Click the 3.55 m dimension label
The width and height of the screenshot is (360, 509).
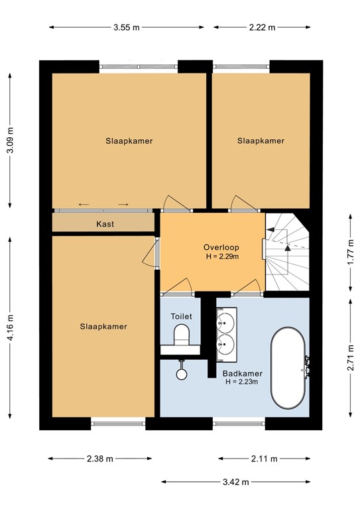coord(126,28)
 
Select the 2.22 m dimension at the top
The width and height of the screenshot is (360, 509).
coord(261,28)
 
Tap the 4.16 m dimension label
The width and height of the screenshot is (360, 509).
coord(9,328)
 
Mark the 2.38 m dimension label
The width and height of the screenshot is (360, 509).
coord(100,459)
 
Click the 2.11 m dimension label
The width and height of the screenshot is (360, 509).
coord(264,459)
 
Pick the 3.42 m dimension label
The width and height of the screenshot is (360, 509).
coord(235,482)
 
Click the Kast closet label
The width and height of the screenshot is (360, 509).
coord(105,224)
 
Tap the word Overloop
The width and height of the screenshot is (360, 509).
coord(221,247)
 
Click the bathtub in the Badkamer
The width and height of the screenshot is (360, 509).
coord(288,368)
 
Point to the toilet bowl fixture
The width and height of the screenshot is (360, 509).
coord(181,338)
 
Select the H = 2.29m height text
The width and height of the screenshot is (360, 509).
coord(221,256)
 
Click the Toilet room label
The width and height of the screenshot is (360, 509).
coord(181,317)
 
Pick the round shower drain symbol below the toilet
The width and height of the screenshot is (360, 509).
coord(182,373)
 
